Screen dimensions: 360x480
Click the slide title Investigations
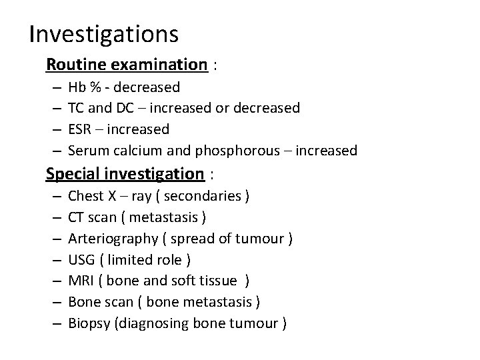coord(103,33)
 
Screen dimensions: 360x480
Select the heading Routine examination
coord(127,65)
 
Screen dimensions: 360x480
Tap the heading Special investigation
coord(125,174)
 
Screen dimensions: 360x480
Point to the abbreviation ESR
coord(80,129)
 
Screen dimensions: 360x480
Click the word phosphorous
coord(227,150)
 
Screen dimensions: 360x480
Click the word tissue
coord(219,281)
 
